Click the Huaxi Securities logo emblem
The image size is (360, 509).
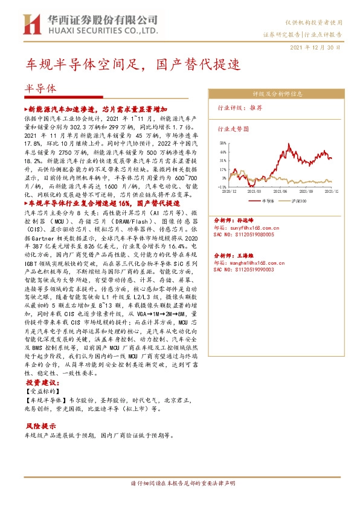[x=30, y=24]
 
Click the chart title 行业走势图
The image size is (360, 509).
[x=232, y=129]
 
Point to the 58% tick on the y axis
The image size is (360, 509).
[x=223, y=143]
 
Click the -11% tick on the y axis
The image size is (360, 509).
[x=222, y=187]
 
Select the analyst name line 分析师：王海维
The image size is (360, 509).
[x=236, y=256]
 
